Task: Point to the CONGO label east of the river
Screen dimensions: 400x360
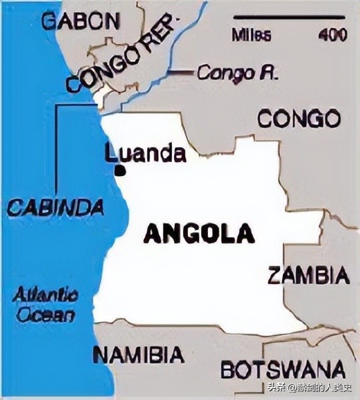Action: click(299, 120)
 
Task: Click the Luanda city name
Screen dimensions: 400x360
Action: click(145, 154)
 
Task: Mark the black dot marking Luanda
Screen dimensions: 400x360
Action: click(120, 171)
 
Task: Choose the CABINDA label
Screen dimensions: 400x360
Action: click(56, 207)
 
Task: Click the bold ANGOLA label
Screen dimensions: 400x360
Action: click(199, 234)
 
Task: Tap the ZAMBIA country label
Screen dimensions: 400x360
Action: click(308, 275)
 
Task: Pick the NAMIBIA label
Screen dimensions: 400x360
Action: click(138, 355)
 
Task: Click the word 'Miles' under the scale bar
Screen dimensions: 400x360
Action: click(251, 34)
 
